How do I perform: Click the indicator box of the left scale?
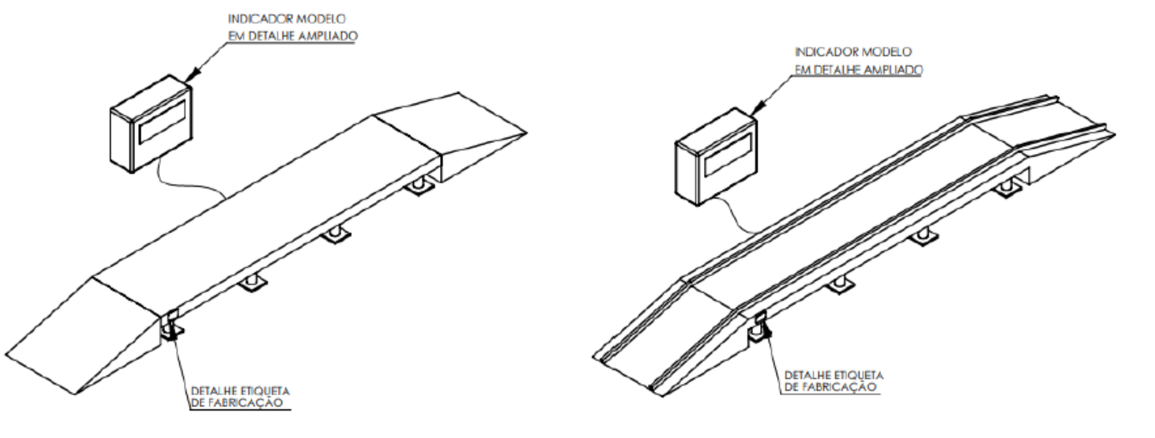pyautogui.click(x=151, y=124)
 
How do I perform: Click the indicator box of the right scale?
pyautogui.click(x=717, y=157)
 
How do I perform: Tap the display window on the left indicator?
pyautogui.click(x=162, y=122)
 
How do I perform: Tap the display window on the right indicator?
pyautogui.click(x=728, y=154)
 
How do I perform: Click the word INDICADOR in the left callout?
pyautogui.click(x=255, y=19)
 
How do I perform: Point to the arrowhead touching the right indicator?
pyautogui.click(x=755, y=109)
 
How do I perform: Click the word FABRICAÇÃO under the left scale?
pyautogui.click(x=246, y=403)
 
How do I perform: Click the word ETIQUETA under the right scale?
pyautogui.click(x=858, y=375)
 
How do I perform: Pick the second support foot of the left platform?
pyautogui.click(x=252, y=283)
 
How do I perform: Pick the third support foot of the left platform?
pyautogui.click(x=335, y=235)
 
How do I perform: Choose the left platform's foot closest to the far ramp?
pyautogui.click(x=419, y=186)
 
